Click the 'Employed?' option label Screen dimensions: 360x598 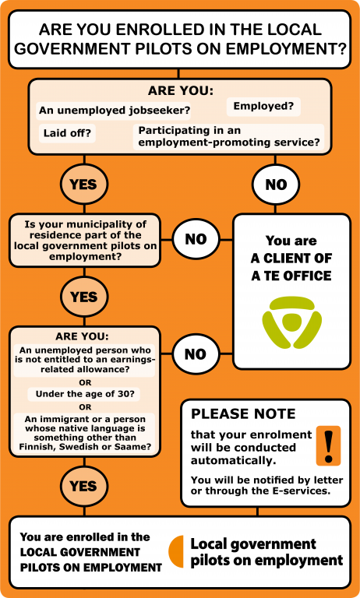pos(263,107)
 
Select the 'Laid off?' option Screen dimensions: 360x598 pos(67,133)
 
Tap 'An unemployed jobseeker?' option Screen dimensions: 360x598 pos(115,111)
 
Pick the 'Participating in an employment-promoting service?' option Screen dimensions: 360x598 pos(228,136)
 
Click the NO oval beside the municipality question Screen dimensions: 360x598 pos(196,239)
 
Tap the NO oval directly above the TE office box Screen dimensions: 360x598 pos(276,185)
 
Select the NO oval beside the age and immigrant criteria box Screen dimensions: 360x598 pos(196,354)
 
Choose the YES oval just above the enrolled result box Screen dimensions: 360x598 pos(84,486)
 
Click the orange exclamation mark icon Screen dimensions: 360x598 pos(328,445)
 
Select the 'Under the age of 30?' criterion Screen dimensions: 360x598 pos(85,394)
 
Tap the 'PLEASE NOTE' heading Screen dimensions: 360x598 pos(243,414)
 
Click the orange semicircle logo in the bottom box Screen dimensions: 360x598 pos(176,551)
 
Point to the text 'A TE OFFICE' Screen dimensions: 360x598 pos(291,276)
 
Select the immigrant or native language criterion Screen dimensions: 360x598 pos(85,433)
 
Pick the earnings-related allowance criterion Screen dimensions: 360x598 pos(85,360)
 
